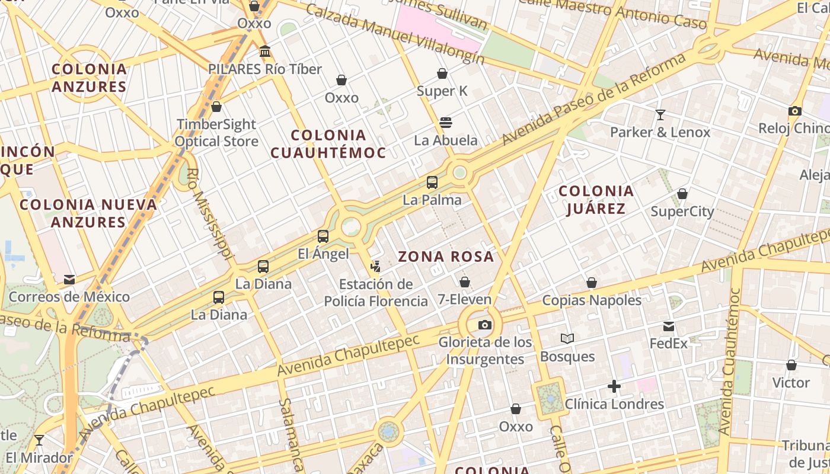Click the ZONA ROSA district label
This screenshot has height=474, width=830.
click(x=446, y=257)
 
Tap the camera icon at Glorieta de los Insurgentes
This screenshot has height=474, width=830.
click(x=485, y=325)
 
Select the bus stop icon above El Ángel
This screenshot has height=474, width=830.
click(x=323, y=236)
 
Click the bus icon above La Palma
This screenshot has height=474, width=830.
click(x=432, y=182)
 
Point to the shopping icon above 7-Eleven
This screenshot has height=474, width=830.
click(x=465, y=281)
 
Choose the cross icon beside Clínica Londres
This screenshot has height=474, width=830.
click(x=614, y=387)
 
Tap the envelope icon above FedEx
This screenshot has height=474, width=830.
click(x=669, y=326)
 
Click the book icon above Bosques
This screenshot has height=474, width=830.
click(x=567, y=339)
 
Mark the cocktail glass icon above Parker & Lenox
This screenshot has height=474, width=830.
click(x=660, y=114)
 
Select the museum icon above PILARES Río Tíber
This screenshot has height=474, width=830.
click(x=265, y=52)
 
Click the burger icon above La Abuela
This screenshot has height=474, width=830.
click(x=446, y=123)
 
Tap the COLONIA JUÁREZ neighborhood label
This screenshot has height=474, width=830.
click(x=596, y=200)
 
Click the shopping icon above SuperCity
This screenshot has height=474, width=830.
click(x=682, y=194)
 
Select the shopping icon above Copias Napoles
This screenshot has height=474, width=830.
click(x=592, y=283)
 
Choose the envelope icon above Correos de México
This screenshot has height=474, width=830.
click(x=69, y=279)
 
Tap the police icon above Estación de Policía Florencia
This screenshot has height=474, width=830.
click(x=375, y=267)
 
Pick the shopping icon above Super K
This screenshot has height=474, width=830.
click(x=442, y=73)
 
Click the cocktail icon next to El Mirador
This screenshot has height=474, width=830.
click(x=39, y=440)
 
